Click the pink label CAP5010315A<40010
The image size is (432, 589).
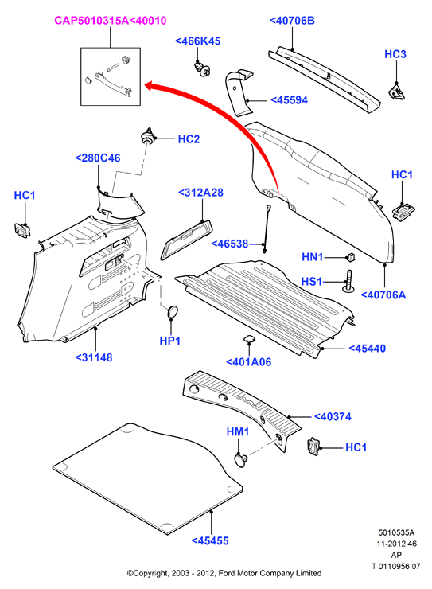tap(111, 20)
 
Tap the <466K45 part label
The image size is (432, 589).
tap(198, 41)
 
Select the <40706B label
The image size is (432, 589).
tap(292, 20)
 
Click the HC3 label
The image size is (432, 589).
tap(395, 54)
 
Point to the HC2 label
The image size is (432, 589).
tap(189, 139)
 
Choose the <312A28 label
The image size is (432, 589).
tap(200, 193)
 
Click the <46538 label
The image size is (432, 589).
tap(230, 244)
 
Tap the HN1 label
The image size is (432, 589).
tap(313, 257)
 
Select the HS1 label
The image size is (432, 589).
tap(312, 281)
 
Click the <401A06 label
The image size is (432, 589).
tap(248, 361)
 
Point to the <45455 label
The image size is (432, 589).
tap(210, 540)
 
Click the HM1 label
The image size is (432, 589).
tap(238, 431)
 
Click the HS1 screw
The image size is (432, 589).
tap(348, 281)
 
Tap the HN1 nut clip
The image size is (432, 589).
tap(350, 257)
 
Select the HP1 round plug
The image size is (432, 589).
tap(172, 312)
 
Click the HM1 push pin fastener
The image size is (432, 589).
tap(240, 460)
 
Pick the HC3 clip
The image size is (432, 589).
tap(396, 91)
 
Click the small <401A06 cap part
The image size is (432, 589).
tap(248, 339)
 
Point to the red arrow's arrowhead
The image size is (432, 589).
tap(151, 86)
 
